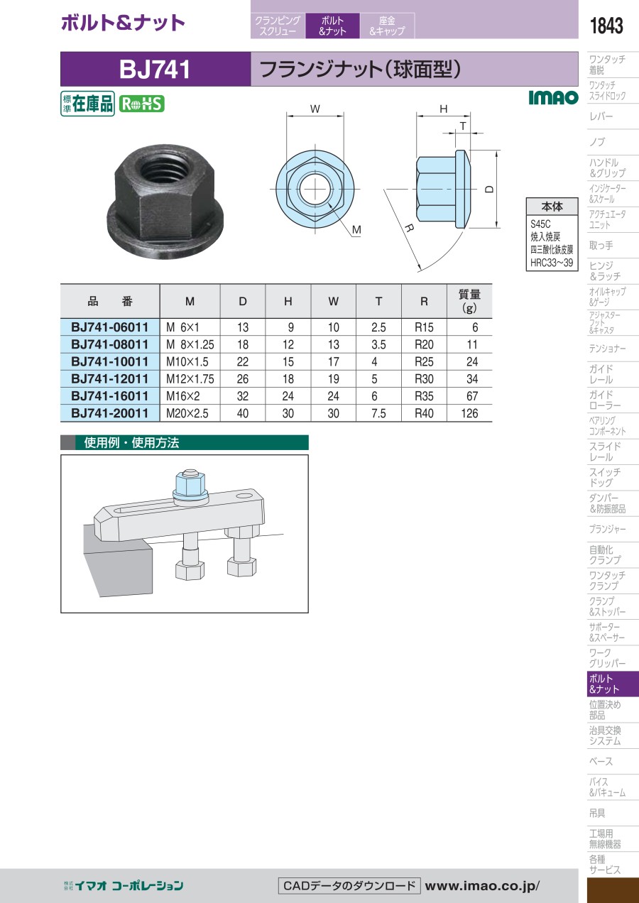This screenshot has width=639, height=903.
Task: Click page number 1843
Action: pyautogui.click(x=606, y=26)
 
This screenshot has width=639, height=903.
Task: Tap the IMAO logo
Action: pyautogui.click(x=553, y=97)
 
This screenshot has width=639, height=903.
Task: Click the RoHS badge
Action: pyautogui.click(x=141, y=104)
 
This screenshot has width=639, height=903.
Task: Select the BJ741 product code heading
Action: pyautogui.click(x=155, y=70)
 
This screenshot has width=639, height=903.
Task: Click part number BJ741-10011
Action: pyautogui.click(x=109, y=361)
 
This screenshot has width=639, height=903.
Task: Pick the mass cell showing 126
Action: pyautogui.click(x=469, y=413)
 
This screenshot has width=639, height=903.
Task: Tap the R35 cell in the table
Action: pyautogui.click(x=424, y=396)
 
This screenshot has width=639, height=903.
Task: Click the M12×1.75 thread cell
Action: pyautogui.click(x=190, y=379)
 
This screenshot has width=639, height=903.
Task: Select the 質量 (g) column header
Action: pyautogui.click(x=469, y=301)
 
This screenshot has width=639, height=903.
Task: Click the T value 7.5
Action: pyautogui.click(x=378, y=413)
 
